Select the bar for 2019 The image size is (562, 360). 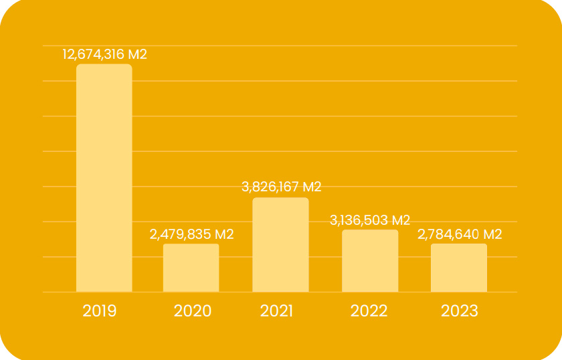point(104,178)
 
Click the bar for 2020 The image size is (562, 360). point(191,268)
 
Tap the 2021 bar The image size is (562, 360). point(280,245)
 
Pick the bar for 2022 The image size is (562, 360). point(370,261)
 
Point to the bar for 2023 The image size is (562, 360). point(459,268)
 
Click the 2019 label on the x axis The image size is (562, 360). point(100,311)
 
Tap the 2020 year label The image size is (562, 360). point(192,311)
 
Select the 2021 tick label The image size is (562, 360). point(276,311)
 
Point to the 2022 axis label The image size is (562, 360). point(369,311)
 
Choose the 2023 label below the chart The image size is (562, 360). point(460,311)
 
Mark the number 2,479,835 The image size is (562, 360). point(177,235)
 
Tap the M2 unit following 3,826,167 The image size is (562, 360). point(312,187)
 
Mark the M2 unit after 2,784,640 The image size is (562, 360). point(492,235)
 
